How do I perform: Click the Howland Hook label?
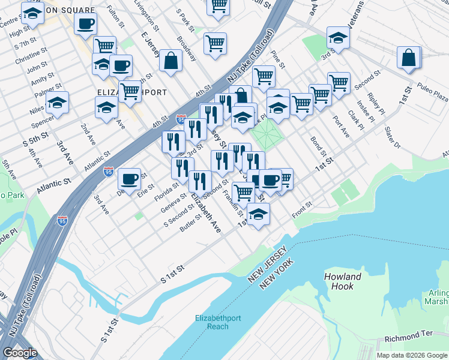tap(343, 281)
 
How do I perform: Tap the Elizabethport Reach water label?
tap(212, 322)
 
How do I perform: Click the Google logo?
tap(20, 352)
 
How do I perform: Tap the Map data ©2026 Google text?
tap(411, 355)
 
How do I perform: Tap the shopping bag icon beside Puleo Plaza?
tap(409, 58)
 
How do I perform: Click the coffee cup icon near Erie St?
tap(129, 178)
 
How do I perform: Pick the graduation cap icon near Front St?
tap(258, 214)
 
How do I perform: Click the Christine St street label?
tap(27, 53)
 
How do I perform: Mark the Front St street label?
tap(301, 207)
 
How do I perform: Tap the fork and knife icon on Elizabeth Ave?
tap(200, 181)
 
